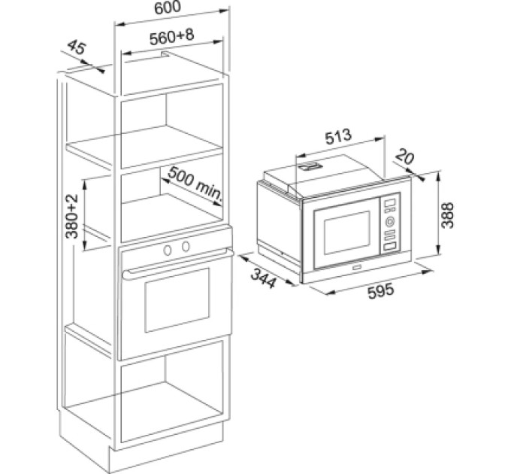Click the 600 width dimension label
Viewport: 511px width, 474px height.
coord(167,8)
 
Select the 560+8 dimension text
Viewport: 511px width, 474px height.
coord(172,36)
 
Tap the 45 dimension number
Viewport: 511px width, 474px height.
coord(77,47)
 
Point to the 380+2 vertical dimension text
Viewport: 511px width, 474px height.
coord(72,216)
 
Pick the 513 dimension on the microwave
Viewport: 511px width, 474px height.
coord(339,137)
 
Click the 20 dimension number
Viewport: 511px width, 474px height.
coord(405,156)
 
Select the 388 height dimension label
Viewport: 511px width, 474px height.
coord(447,215)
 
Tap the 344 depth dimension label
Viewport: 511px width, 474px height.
coord(263,278)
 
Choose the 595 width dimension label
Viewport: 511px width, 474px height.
coord(381,290)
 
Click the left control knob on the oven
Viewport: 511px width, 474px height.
coord(168,251)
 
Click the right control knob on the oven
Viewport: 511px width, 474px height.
coord(186,247)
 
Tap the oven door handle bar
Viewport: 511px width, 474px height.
coord(178,263)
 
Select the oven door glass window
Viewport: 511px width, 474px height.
coord(177,300)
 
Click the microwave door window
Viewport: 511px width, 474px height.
coord(347,232)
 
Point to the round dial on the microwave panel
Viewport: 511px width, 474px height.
coord(390,222)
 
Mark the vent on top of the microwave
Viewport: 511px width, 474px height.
coord(311,167)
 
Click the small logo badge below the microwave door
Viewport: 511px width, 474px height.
coord(356,268)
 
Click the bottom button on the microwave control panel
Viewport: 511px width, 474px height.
coord(390,247)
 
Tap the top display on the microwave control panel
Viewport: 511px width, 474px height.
coord(390,202)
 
